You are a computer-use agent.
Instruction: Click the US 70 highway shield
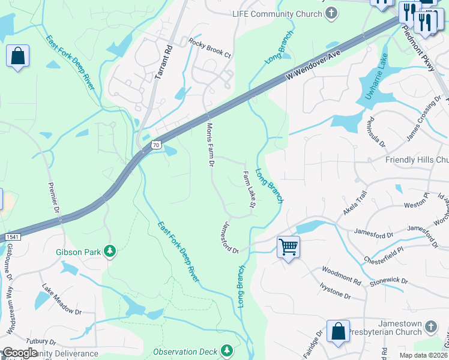point(156,145)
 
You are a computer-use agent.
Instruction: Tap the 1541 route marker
point(11,238)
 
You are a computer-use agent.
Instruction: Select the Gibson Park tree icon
point(110,251)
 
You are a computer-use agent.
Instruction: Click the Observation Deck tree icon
point(226,350)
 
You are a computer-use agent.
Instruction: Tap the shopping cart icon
point(289,245)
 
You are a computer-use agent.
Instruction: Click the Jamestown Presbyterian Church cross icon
point(430,327)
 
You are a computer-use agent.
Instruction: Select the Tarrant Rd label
point(162,61)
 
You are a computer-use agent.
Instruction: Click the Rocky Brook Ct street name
point(209,48)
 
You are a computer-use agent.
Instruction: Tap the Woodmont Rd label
point(341,276)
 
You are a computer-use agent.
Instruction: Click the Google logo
point(20,352)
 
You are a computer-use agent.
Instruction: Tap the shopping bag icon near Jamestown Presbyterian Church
point(338,331)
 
